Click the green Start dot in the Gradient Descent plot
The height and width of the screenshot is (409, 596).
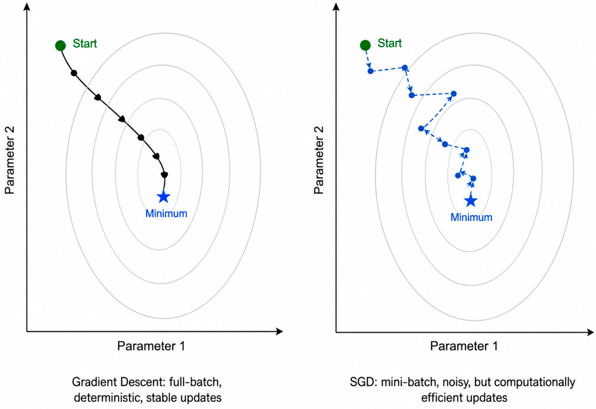coord(61,46)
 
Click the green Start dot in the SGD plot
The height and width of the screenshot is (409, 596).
coord(365,45)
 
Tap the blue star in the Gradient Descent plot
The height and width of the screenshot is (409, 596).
coord(164,197)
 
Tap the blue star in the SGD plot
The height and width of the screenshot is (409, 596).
coord(471,201)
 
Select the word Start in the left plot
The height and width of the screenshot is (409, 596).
coord(85,44)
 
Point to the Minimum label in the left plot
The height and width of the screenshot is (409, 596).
coord(166,213)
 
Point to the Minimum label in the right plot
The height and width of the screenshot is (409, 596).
coord(471,217)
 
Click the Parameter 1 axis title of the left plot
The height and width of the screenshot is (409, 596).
coord(151,346)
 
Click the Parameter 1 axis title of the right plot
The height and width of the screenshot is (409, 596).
coord(464,346)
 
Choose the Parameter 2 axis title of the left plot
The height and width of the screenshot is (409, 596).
coord(10,160)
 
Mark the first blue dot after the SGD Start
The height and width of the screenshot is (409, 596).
coord(370,71)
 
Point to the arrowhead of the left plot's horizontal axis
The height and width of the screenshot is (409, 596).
coord(279,332)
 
